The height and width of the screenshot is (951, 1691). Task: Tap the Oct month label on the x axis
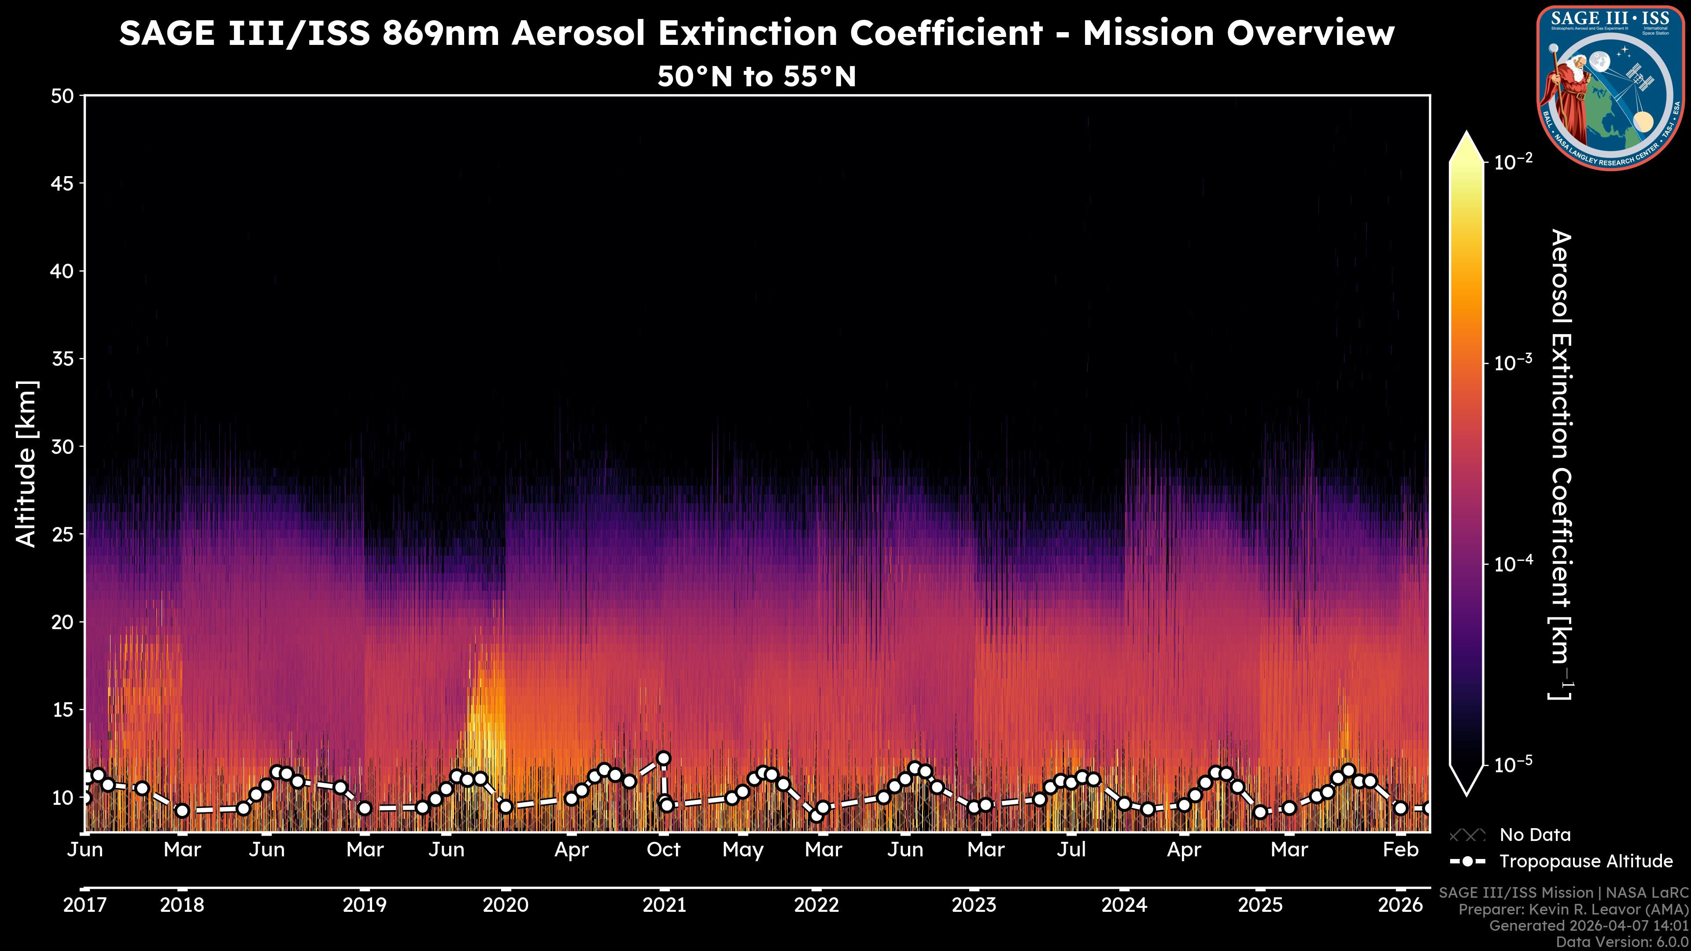[663, 850]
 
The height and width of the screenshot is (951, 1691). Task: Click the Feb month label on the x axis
[1400, 850]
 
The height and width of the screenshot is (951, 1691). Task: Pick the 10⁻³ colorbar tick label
[1513, 362]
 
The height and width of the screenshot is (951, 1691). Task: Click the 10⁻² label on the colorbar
[1513, 161]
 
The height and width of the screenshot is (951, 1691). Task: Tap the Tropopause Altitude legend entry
[1585, 861]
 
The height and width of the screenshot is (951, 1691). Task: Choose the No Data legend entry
[1535, 835]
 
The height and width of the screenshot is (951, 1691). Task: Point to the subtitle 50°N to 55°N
[756, 77]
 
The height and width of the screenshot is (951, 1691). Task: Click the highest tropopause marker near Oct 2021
[664, 758]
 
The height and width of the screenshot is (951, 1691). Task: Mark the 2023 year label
[974, 905]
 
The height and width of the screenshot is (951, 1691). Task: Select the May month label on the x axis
[742, 850]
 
